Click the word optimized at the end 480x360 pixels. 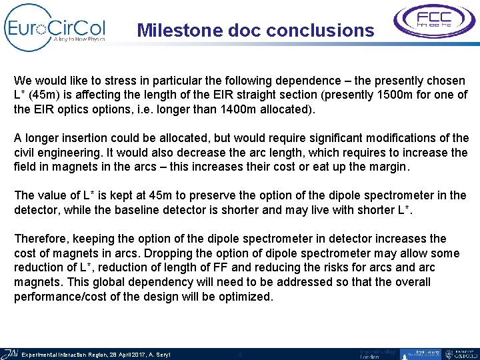click(x=245, y=297)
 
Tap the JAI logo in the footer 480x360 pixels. click(x=10, y=353)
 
